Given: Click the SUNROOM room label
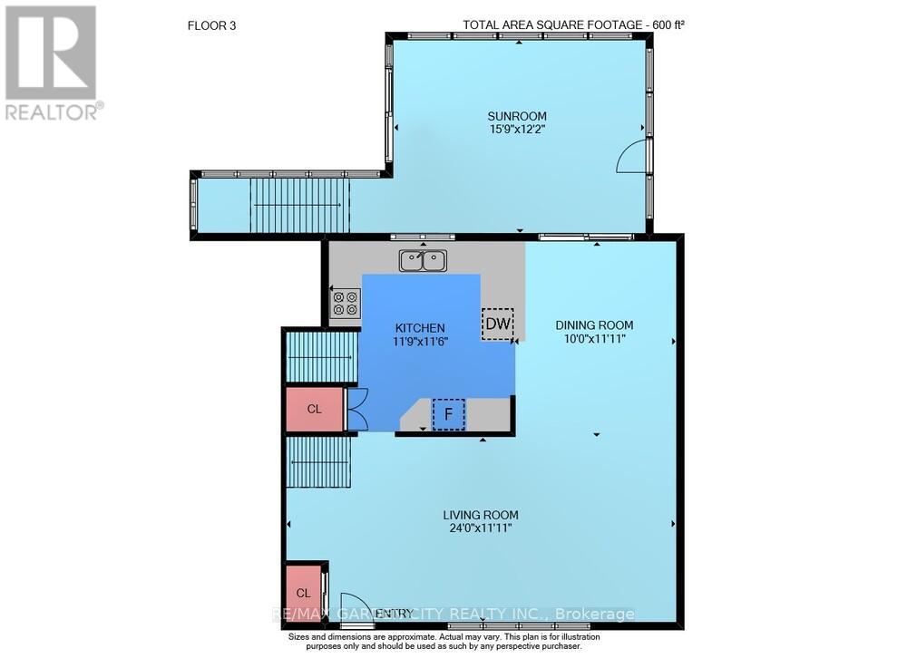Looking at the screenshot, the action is [x=517, y=116].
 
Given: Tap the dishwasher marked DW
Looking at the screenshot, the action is [x=497, y=324].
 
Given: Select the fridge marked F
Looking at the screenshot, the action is [x=448, y=414].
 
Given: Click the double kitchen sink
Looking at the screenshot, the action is [x=423, y=261].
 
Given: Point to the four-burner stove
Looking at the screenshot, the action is [x=346, y=304].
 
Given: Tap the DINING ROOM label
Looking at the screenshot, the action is [x=594, y=325].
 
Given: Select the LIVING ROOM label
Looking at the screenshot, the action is [x=481, y=515].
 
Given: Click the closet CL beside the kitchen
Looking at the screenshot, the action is [x=315, y=409].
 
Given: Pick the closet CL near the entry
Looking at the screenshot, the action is [x=304, y=593].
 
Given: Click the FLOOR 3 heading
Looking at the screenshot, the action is [x=211, y=25].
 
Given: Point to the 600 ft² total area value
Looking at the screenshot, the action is [x=668, y=24].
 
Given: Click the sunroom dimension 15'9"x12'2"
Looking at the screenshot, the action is [x=517, y=129].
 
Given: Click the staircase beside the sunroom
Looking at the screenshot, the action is [x=299, y=205].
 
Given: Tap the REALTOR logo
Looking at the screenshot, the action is [x=53, y=63].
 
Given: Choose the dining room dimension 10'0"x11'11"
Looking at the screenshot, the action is [x=595, y=338].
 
